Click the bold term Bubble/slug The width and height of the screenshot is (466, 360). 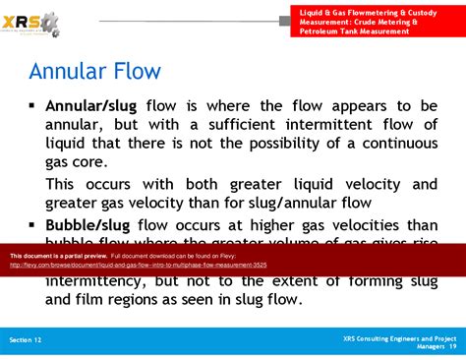87,225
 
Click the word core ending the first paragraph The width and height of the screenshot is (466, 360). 106,162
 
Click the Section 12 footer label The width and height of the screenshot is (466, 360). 26,338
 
